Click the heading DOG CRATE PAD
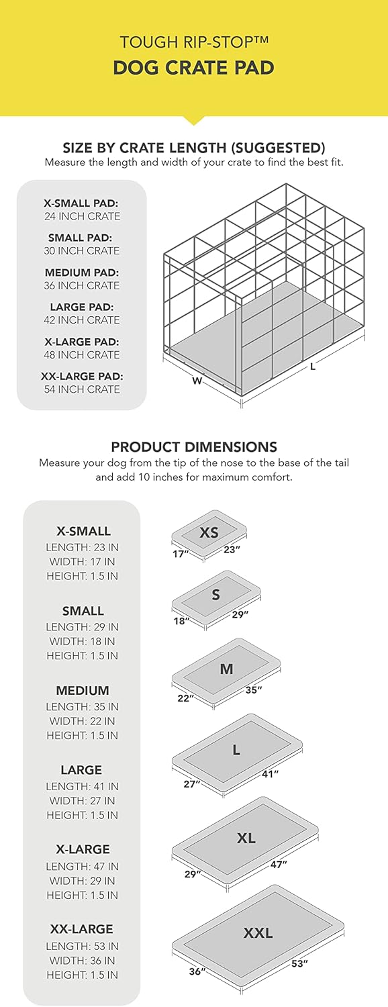click(x=194, y=68)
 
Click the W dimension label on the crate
click(x=197, y=381)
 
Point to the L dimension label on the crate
click(x=313, y=367)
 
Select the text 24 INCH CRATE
click(x=82, y=216)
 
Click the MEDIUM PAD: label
click(x=82, y=273)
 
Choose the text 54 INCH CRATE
click(x=82, y=389)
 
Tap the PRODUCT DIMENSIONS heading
click(x=194, y=447)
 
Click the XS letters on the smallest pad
click(x=209, y=532)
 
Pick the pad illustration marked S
click(x=216, y=595)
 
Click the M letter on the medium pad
click(x=226, y=669)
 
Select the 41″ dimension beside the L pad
click(x=271, y=774)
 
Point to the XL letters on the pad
click(x=246, y=838)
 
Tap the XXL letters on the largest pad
click(x=258, y=932)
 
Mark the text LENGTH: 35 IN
click(x=82, y=707)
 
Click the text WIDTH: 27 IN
click(x=82, y=801)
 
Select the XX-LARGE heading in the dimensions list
click(x=82, y=929)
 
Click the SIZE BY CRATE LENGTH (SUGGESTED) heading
click(x=194, y=148)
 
